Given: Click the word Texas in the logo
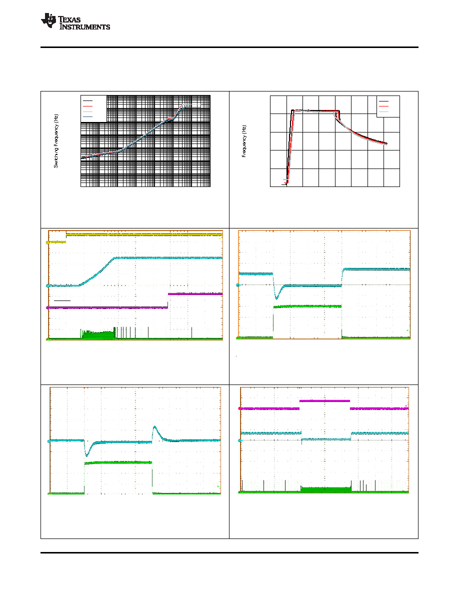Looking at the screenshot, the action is point(69,19).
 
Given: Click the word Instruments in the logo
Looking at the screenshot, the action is point(85,26).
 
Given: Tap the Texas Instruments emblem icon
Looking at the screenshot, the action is point(49,20).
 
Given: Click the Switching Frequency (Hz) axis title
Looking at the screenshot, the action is point(55,141).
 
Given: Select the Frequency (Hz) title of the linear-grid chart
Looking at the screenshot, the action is point(244,141).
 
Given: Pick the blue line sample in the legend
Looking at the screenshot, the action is point(88,117).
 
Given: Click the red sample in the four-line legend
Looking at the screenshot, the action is point(88,106).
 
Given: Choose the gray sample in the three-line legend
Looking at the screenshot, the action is point(383,112).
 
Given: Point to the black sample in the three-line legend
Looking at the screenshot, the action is point(383,101).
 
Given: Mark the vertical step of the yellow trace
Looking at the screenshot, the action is point(66,238).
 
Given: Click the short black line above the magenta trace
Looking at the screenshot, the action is point(62,301).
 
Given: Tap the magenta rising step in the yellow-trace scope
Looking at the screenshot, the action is point(168,301).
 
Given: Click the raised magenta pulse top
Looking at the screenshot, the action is point(324,400).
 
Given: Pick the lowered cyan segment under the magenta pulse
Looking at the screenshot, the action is point(326,439).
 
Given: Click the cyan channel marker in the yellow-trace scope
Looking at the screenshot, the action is point(47,285).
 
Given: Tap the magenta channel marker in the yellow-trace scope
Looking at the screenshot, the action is point(47,308).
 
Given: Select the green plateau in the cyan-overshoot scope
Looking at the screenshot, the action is point(118,462).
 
